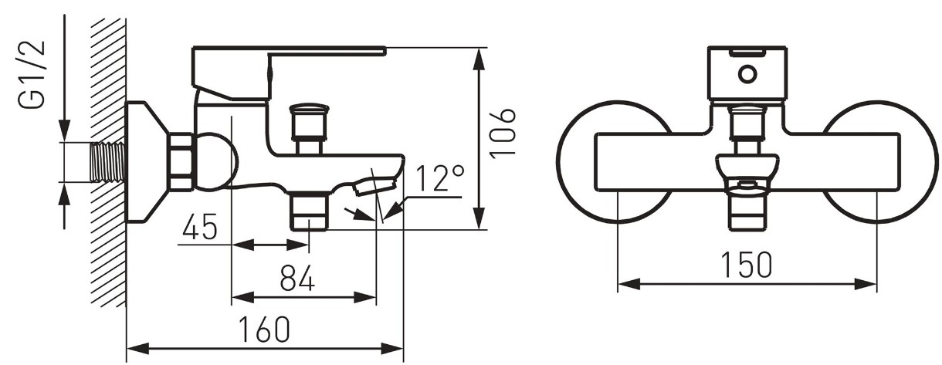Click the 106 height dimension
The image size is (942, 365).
(x=503, y=133)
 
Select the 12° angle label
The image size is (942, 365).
(x=440, y=177)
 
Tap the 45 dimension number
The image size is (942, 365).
(x=200, y=227)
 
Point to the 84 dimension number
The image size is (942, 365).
(x=297, y=278)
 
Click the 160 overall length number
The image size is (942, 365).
(x=265, y=330)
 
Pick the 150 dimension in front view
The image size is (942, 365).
(x=747, y=265)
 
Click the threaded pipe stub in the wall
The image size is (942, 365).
(x=108, y=162)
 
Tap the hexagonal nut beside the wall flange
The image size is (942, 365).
(x=181, y=161)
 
